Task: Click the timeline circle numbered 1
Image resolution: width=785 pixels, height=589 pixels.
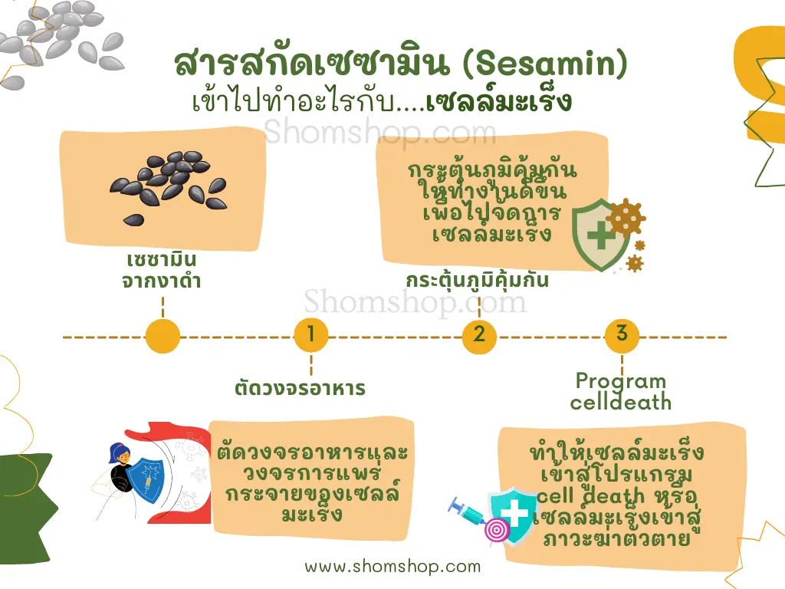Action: point(311,335)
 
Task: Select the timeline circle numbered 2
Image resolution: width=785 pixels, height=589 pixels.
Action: point(479,336)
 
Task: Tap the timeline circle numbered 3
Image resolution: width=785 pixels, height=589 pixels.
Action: point(622,335)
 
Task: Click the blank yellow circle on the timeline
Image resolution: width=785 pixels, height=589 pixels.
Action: point(163,336)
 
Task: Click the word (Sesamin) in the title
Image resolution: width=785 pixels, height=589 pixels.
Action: point(545,64)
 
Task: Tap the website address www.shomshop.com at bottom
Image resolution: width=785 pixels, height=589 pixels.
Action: point(392,566)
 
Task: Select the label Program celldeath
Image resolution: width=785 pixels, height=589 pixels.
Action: point(621,391)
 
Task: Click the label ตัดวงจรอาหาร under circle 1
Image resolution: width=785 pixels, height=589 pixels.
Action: point(300,388)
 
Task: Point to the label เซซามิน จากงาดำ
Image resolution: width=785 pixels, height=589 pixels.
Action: point(162,271)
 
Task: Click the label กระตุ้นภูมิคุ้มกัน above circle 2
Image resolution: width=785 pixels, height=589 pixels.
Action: point(477,280)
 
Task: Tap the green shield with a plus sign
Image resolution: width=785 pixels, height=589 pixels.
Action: point(600,235)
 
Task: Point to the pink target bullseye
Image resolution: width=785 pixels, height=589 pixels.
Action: point(497,531)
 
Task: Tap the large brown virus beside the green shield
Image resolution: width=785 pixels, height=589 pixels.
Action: point(626,217)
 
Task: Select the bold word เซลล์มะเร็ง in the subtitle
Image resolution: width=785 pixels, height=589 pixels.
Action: point(498,100)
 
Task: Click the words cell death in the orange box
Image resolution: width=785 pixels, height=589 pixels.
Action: point(590,496)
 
